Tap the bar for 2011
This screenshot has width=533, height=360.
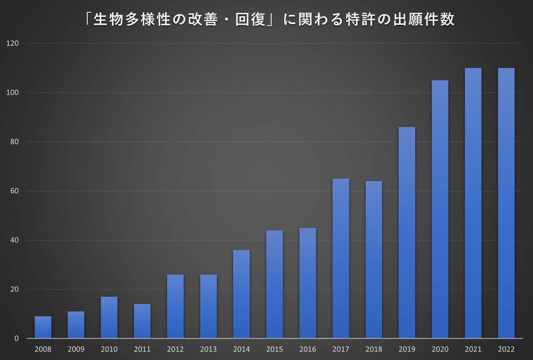(x=142, y=321)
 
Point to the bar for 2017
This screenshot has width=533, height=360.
(x=341, y=259)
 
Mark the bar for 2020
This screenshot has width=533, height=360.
(x=440, y=209)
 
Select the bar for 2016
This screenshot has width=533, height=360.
(x=308, y=283)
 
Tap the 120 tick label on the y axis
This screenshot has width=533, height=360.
(x=13, y=43)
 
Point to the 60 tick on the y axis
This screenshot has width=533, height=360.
(x=14, y=191)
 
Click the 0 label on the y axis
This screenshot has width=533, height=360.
(x=16, y=338)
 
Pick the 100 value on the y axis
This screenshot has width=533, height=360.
(x=13, y=92)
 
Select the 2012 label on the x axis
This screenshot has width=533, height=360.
(x=175, y=349)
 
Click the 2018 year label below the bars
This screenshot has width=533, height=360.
(x=374, y=349)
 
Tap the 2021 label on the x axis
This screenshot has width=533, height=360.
(x=473, y=349)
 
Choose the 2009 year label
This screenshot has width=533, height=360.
(x=76, y=349)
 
